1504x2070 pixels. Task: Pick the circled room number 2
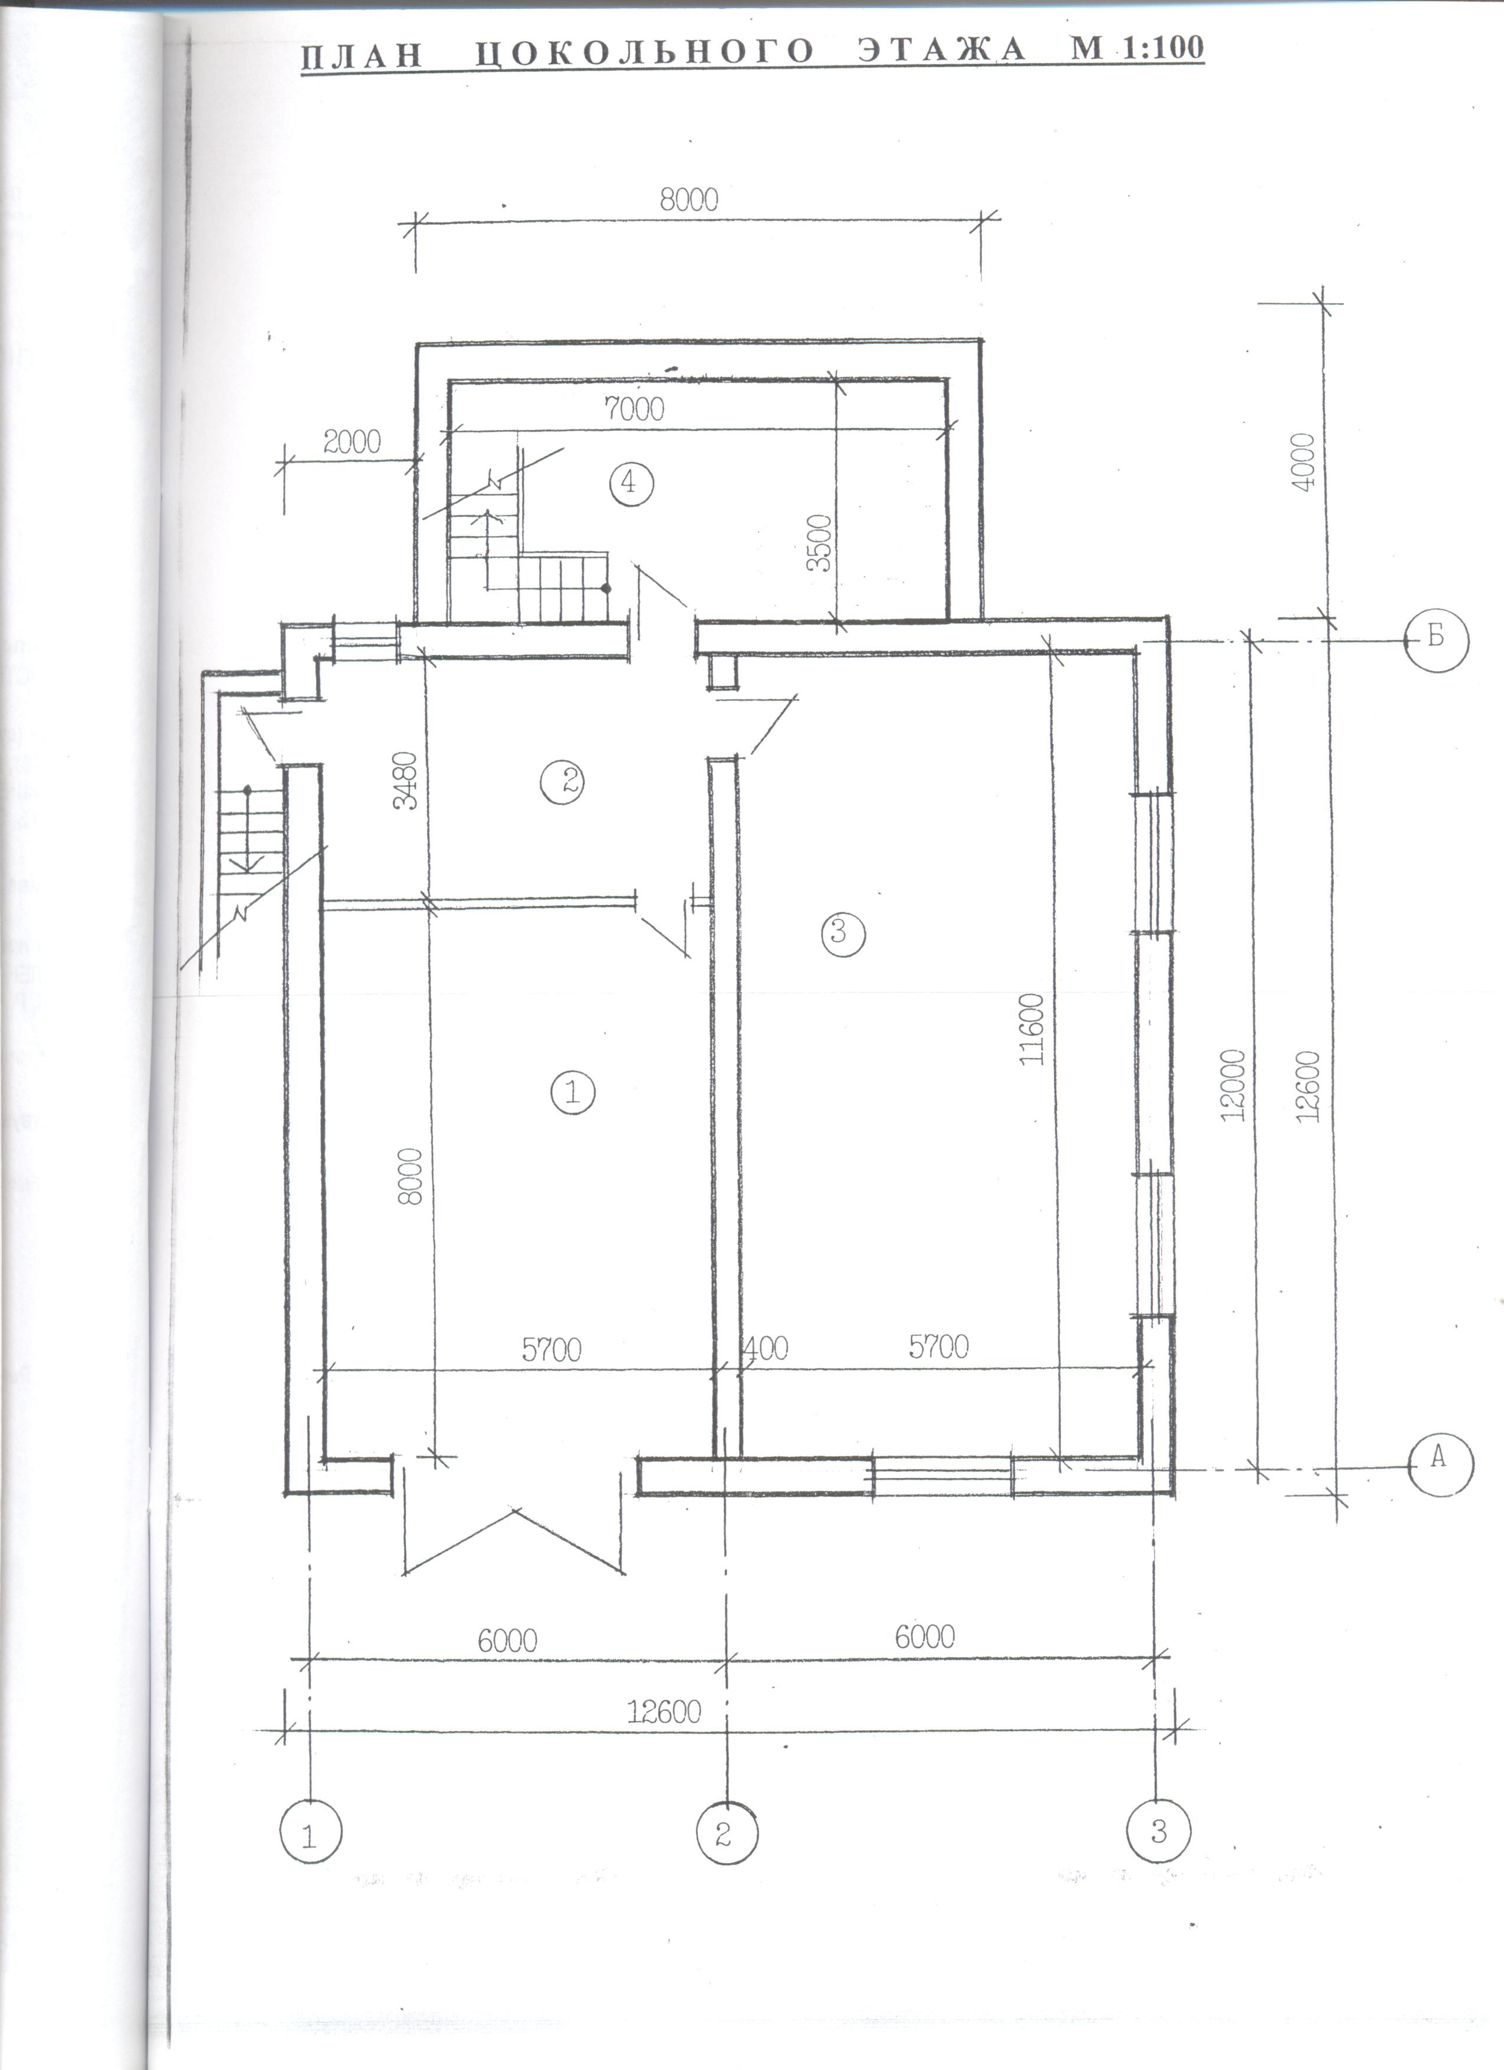tap(561, 781)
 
